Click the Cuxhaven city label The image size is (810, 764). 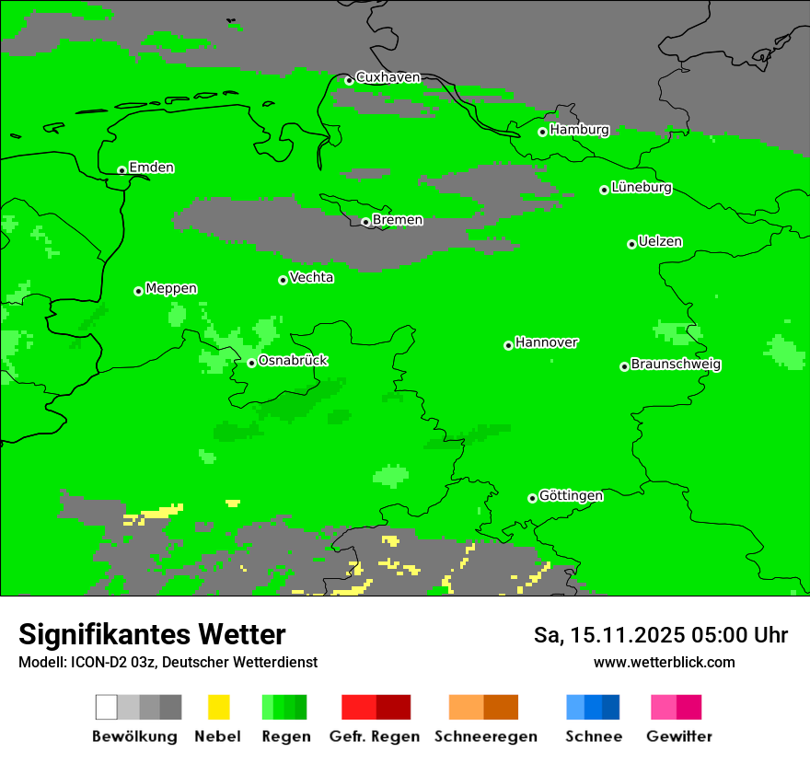click(x=388, y=77)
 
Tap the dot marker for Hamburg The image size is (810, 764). click(x=542, y=132)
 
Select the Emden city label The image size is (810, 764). click(x=151, y=168)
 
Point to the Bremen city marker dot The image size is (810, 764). click(x=365, y=222)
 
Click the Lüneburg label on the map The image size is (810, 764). click(x=642, y=188)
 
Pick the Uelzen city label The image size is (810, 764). click(x=660, y=242)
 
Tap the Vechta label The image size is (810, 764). click(x=311, y=278)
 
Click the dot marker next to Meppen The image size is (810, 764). click(x=138, y=291)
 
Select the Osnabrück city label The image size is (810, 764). click(x=293, y=361)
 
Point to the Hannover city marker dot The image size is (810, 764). click(x=508, y=345)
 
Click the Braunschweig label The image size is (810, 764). click(x=676, y=365)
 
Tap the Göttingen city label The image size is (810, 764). click(x=571, y=496)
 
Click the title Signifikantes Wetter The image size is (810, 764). click(x=152, y=635)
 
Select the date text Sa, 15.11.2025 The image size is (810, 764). click(x=608, y=636)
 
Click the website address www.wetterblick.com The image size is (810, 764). click(x=664, y=663)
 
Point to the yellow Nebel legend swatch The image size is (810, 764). click(x=218, y=707)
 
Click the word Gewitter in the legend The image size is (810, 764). click(x=678, y=736)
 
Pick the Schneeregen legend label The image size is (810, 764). click(x=485, y=736)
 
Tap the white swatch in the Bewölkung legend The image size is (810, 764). click(x=107, y=707)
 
